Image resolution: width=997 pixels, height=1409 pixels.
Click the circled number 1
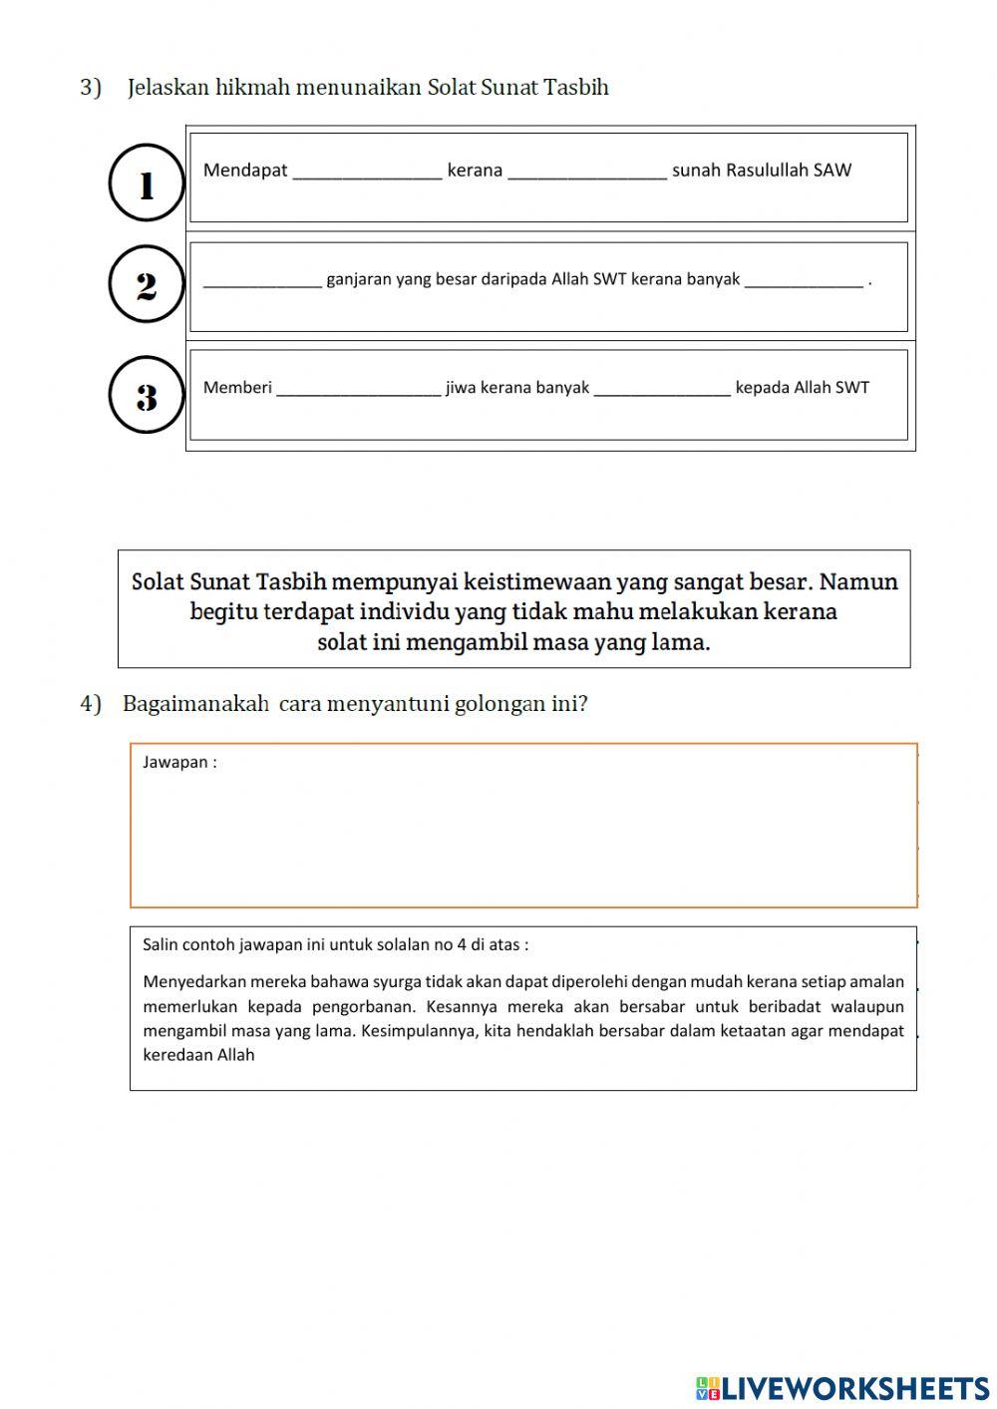(x=147, y=183)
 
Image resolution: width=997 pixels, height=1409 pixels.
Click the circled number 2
(x=147, y=286)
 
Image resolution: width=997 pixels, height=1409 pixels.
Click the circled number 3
(x=147, y=396)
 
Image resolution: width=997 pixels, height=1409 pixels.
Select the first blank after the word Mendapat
(x=367, y=172)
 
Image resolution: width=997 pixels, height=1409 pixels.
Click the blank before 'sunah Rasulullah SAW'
(x=587, y=172)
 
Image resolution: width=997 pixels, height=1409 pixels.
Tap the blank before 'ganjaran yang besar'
(x=262, y=281)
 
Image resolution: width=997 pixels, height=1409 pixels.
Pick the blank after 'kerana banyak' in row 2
(x=804, y=281)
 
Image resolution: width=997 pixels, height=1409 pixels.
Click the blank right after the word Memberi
(x=358, y=389)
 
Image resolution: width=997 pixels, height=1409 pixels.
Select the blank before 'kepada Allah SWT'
(x=662, y=389)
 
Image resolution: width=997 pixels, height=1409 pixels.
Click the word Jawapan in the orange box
(x=174, y=763)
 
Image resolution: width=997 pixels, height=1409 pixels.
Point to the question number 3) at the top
(x=91, y=88)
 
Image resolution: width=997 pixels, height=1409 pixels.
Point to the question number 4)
(x=91, y=704)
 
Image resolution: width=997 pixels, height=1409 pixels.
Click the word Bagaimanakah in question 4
(x=195, y=704)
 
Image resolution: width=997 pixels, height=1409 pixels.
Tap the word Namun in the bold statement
(x=858, y=581)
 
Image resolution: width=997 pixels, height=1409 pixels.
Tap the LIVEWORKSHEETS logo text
(x=853, y=1388)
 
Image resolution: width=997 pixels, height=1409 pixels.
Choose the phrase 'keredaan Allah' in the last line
(x=198, y=1055)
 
